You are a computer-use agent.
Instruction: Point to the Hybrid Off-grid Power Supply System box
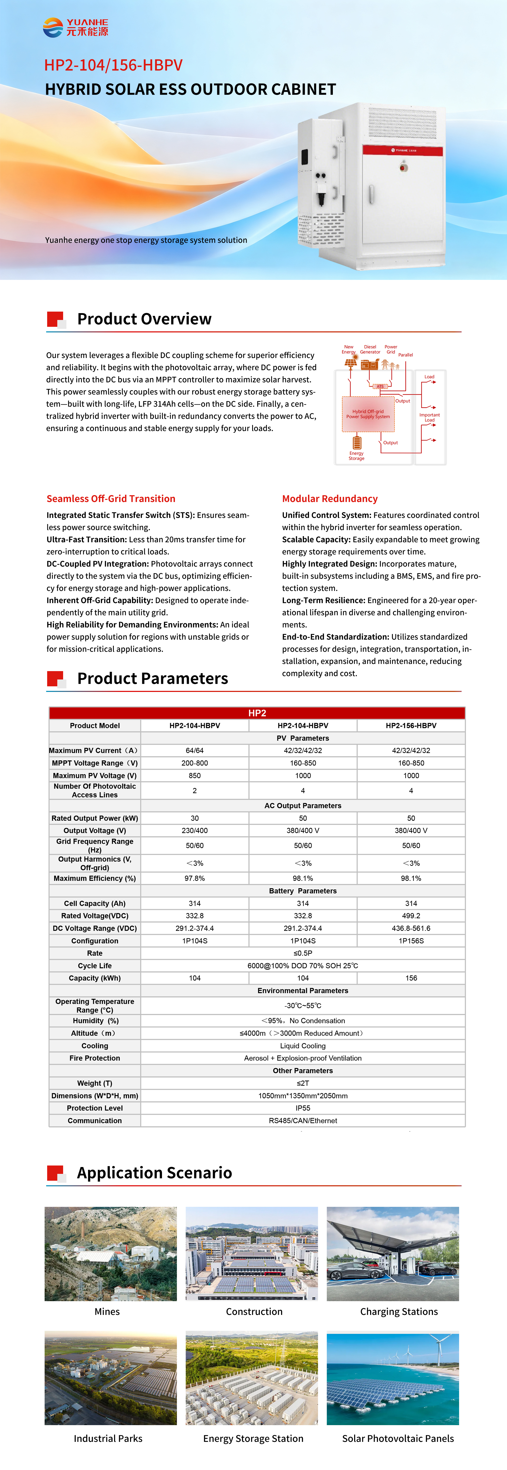click(368, 414)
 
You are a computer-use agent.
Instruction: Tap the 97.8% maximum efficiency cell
click(194, 878)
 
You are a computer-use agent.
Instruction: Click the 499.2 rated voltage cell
click(411, 916)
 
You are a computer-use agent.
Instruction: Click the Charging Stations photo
click(392, 1254)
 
